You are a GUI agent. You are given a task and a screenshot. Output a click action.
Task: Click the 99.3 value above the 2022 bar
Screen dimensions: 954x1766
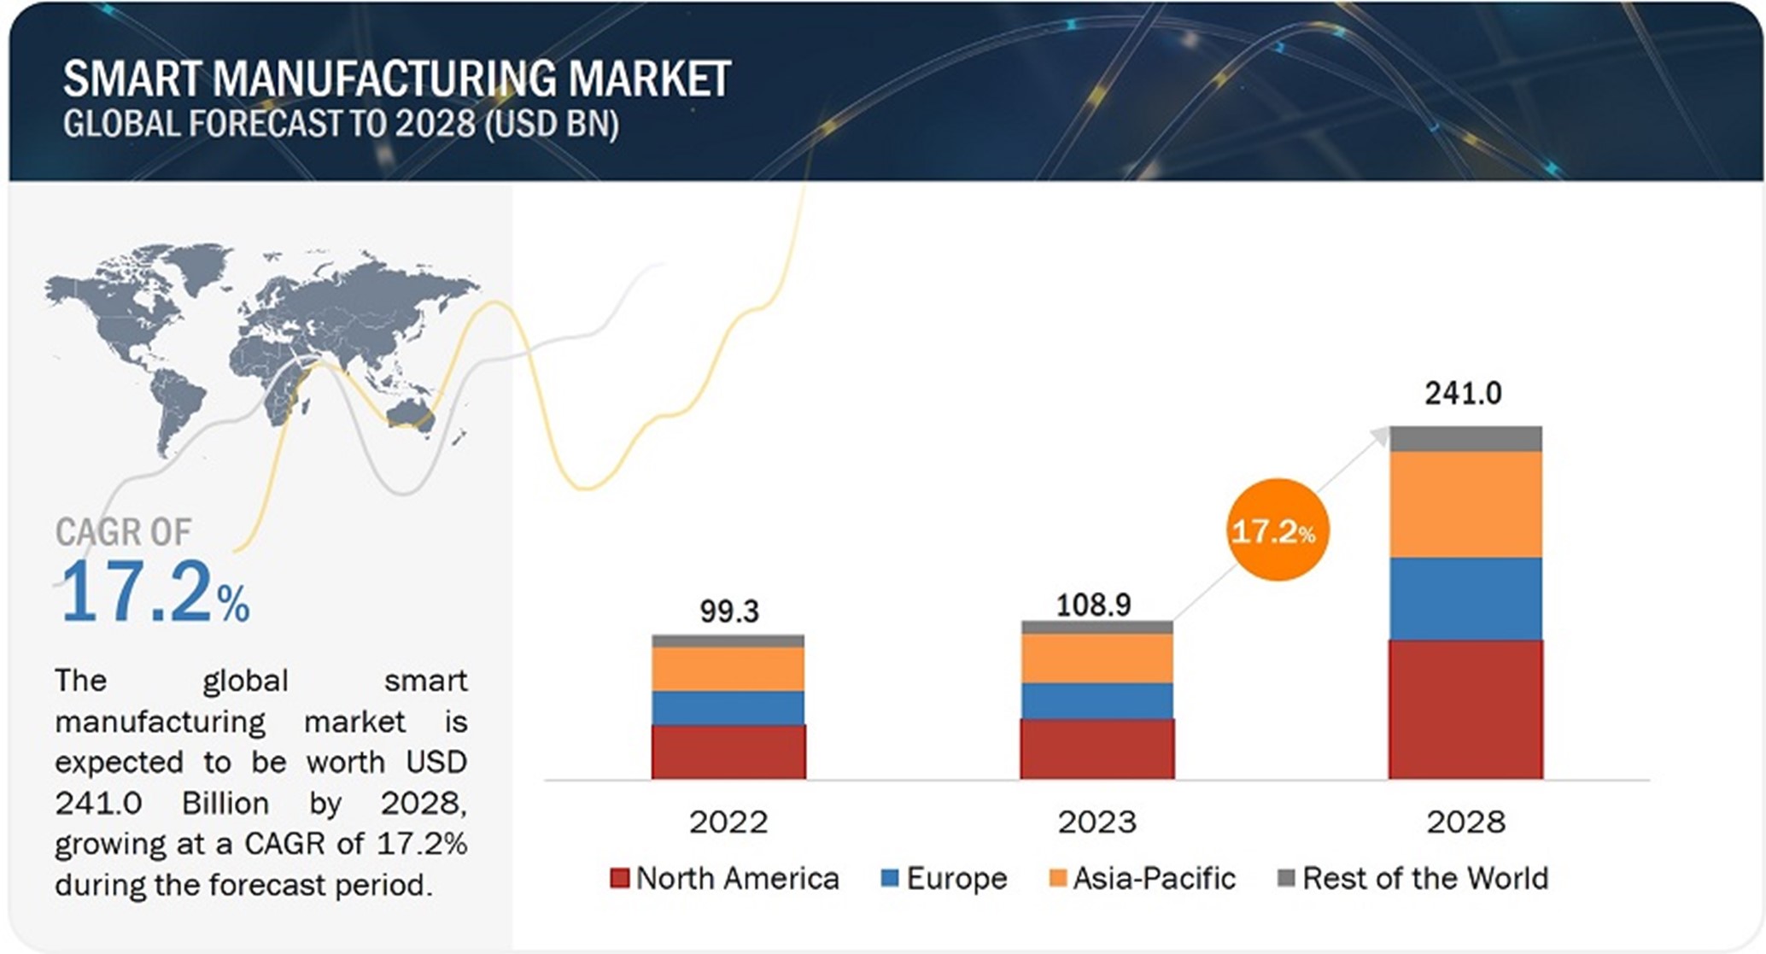(x=728, y=612)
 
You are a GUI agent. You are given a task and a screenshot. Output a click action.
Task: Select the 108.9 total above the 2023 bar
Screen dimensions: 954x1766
(x=1093, y=605)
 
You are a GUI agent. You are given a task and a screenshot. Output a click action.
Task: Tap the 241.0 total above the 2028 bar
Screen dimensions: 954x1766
(x=1462, y=393)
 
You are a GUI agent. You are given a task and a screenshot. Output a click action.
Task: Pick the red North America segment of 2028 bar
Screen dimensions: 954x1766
(x=1465, y=709)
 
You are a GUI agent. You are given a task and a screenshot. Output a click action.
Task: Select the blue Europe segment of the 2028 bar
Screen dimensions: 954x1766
(x=1465, y=598)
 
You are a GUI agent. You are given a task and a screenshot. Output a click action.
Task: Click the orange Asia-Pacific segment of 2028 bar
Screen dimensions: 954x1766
(x=1465, y=504)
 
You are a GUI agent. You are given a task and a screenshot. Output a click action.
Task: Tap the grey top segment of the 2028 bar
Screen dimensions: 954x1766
(x=1465, y=438)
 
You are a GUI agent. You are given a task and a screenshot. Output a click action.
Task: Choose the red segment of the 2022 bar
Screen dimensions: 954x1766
(x=728, y=752)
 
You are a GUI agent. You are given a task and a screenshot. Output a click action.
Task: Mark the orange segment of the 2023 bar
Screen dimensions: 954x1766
(x=1096, y=658)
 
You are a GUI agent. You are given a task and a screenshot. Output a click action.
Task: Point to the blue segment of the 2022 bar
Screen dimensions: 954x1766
(x=728, y=707)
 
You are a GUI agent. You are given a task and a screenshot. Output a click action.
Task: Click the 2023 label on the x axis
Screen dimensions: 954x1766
(x=1096, y=822)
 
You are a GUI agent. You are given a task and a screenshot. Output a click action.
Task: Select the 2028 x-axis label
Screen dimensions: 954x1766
(x=1465, y=822)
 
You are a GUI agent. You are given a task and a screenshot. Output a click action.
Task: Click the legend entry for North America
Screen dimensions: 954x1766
(x=725, y=878)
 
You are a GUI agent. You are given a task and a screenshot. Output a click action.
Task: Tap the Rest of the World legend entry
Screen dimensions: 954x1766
(x=1413, y=878)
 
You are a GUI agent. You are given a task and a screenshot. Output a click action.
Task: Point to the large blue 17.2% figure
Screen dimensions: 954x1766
(x=154, y=592)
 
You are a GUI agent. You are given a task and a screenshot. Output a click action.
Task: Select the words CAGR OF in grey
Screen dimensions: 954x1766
(x=123, y=532)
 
